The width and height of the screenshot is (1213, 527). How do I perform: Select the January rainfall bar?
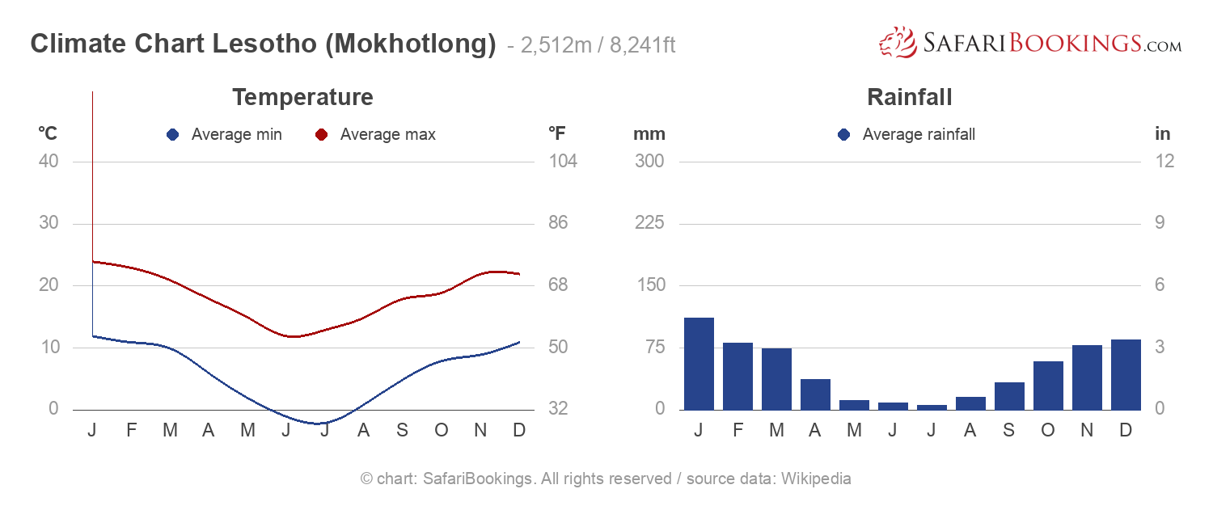[699, 364]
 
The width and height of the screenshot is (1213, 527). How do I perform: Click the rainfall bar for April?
[815, 394]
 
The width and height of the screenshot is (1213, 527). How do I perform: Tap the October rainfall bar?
[1048, 386]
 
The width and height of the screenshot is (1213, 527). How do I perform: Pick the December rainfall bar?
[1126, 375]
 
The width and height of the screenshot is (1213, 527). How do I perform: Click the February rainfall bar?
[738, 377]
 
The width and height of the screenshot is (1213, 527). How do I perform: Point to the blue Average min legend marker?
[172, 135]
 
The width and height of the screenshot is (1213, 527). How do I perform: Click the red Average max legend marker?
[321, 135]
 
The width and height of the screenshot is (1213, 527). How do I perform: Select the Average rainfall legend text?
[919, 135]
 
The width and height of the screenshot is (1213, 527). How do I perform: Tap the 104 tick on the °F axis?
[563, 161]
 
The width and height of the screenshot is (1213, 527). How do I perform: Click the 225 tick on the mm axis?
[649, 223]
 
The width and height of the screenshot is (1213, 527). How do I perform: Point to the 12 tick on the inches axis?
[1164, 161]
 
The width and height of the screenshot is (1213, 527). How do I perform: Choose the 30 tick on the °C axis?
[49, 223]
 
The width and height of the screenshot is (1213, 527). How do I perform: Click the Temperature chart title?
[302, 98]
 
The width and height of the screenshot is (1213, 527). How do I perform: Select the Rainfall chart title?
[909, 98]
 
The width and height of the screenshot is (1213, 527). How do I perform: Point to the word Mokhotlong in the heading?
[410, 44]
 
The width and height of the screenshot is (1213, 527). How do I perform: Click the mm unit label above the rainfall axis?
[649, 134]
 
